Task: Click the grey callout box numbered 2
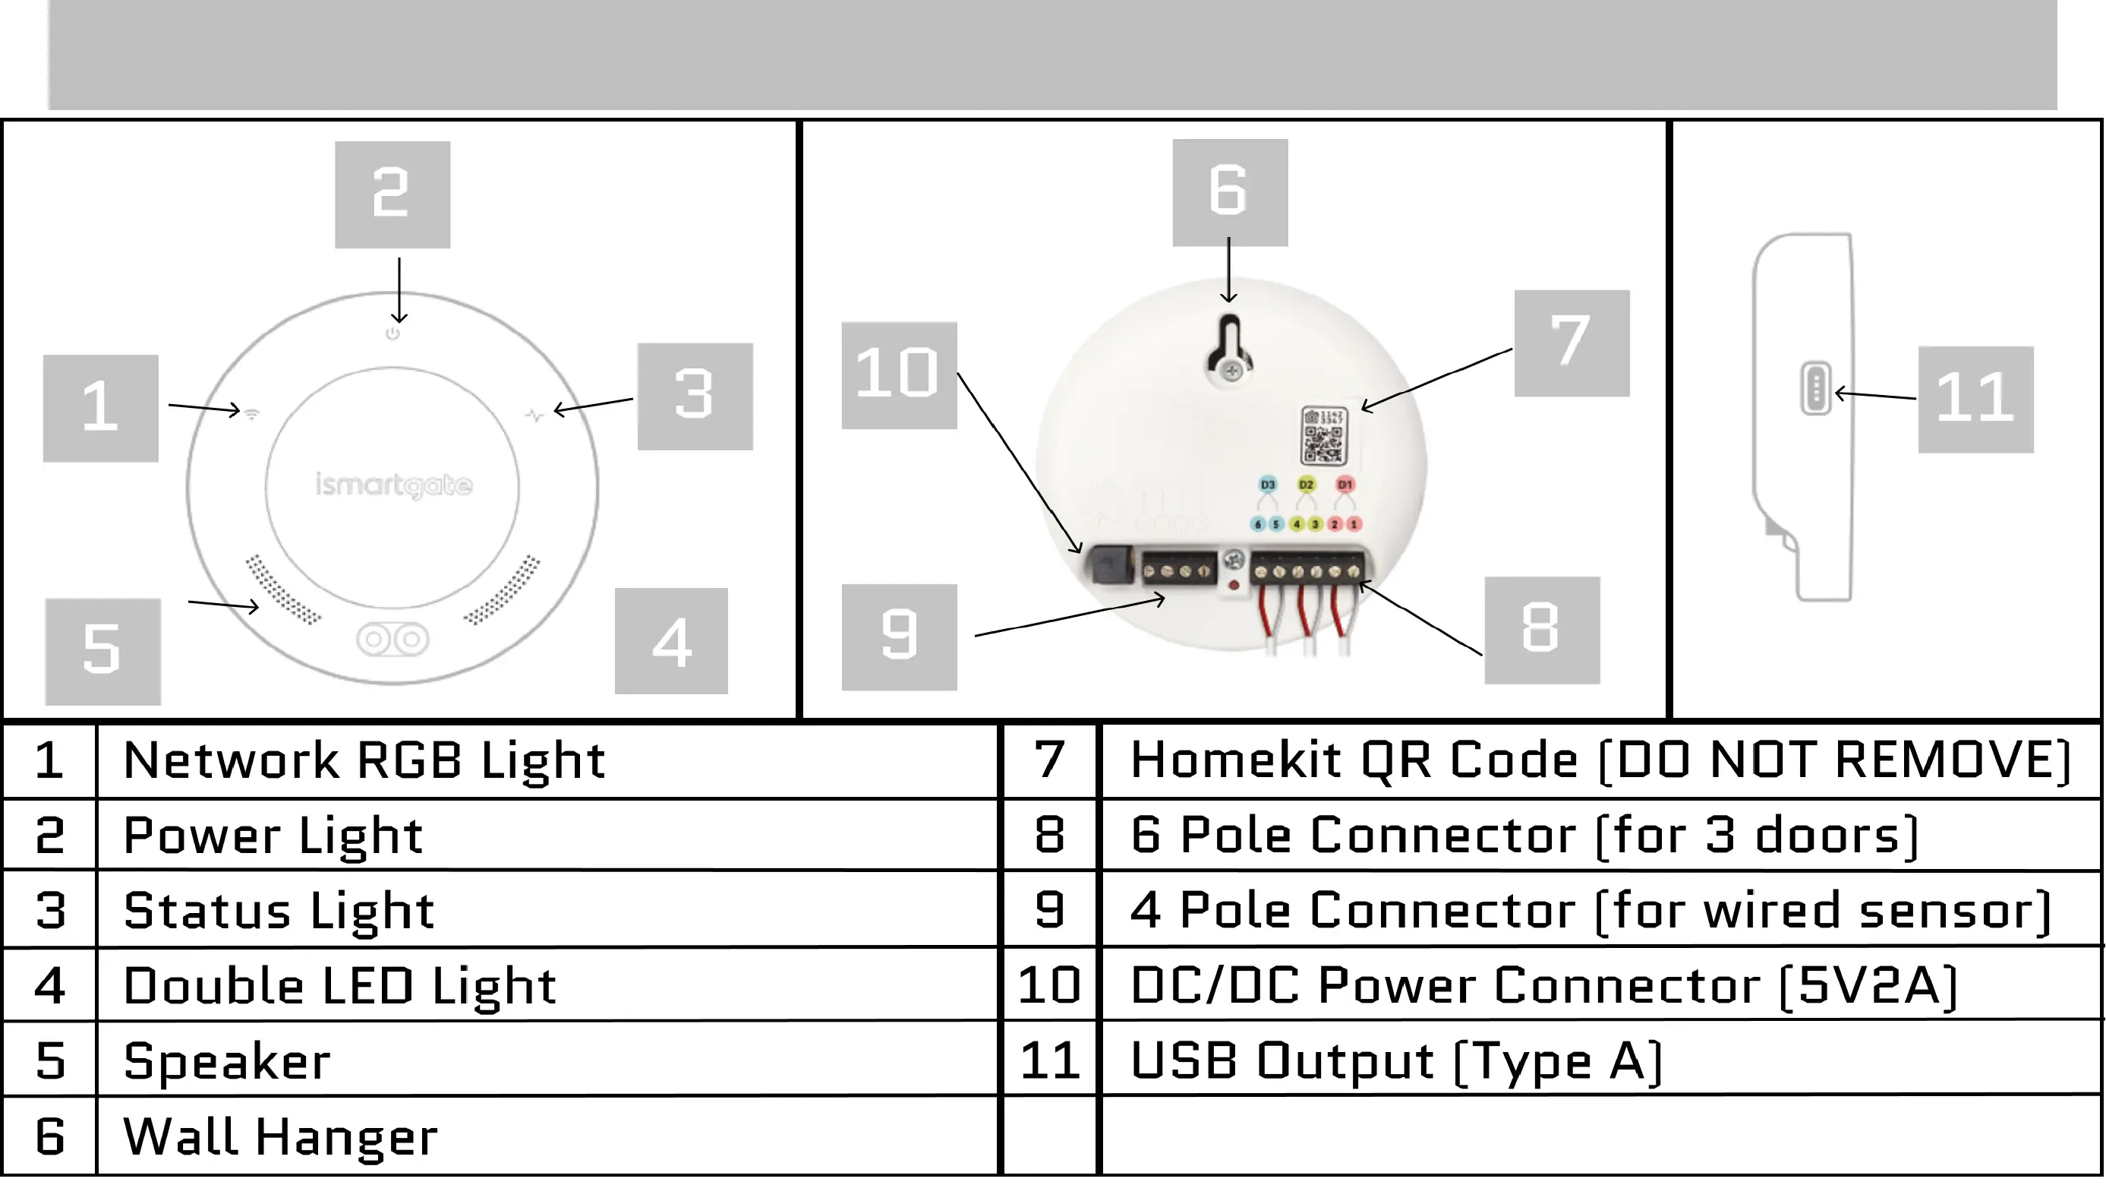tap(393, 194)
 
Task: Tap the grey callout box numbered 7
tap(1572, 343)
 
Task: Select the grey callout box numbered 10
tap(898, 375)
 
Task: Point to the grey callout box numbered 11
tap(1975, 399)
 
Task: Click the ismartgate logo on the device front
tap(393, 486)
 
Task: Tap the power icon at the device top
tap(393, 333)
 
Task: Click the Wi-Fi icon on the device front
tap(252, 414)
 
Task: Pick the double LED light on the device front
tap(393, 640)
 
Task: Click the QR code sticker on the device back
tap(1322, 437)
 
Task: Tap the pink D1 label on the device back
tap(1345, 485)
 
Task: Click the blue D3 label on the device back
tap(1267, 485)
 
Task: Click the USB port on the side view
tap(1816, 389)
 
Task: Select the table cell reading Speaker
tap(227, 1061)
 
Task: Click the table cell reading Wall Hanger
tap(280, 1136)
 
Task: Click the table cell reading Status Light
tap(279, 911)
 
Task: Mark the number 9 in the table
tap(1050, 910)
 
